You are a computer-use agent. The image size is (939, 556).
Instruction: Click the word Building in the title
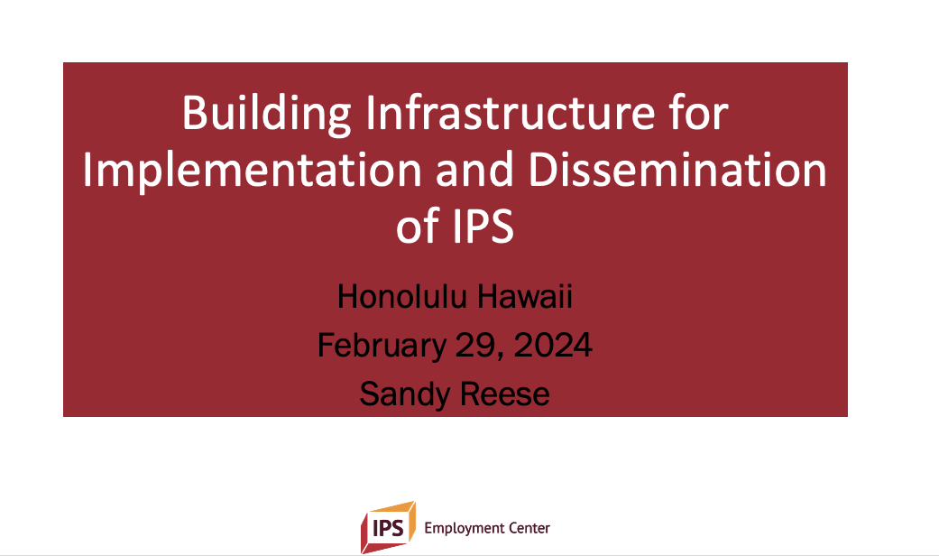(266, 114)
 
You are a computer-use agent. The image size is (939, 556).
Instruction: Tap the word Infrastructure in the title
(511, 112)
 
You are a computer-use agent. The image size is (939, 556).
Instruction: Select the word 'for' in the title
(699, 112)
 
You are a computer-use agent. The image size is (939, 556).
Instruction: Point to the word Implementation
(253, 171)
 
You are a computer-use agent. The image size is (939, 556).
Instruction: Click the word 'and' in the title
(474, 170)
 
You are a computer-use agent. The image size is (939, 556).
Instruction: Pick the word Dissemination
(677, 170)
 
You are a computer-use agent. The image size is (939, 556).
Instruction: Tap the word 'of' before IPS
(418, 226)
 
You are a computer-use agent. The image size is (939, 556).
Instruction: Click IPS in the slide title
(483, 227)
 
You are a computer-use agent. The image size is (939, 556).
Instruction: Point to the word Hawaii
(525, 297)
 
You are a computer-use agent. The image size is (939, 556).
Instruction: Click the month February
(382, 347)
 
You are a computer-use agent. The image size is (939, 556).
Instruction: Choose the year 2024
(553, 346)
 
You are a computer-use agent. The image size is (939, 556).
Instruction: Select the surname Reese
(504, 394)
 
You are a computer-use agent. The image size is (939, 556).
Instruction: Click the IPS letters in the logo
(388, 528)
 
